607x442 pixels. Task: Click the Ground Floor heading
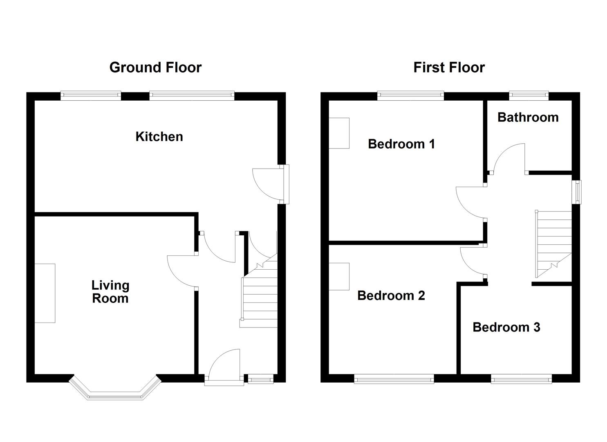tap(155, 68)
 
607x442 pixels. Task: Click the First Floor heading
tap(449, 68)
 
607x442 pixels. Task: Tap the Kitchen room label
tap(159, 137)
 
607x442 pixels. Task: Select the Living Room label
tap(110, 292)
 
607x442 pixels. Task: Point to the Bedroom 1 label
tap(401, 144)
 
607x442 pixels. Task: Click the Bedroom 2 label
tap(391, 295)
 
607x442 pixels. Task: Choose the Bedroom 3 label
tap(506, 327)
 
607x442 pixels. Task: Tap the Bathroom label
tap(528, 117)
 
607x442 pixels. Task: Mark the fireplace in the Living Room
tap(45, 293)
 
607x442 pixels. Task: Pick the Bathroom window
tap(529, 96)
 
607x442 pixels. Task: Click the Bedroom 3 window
tap(521, 379)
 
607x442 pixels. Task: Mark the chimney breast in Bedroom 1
tap(339, 133)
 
